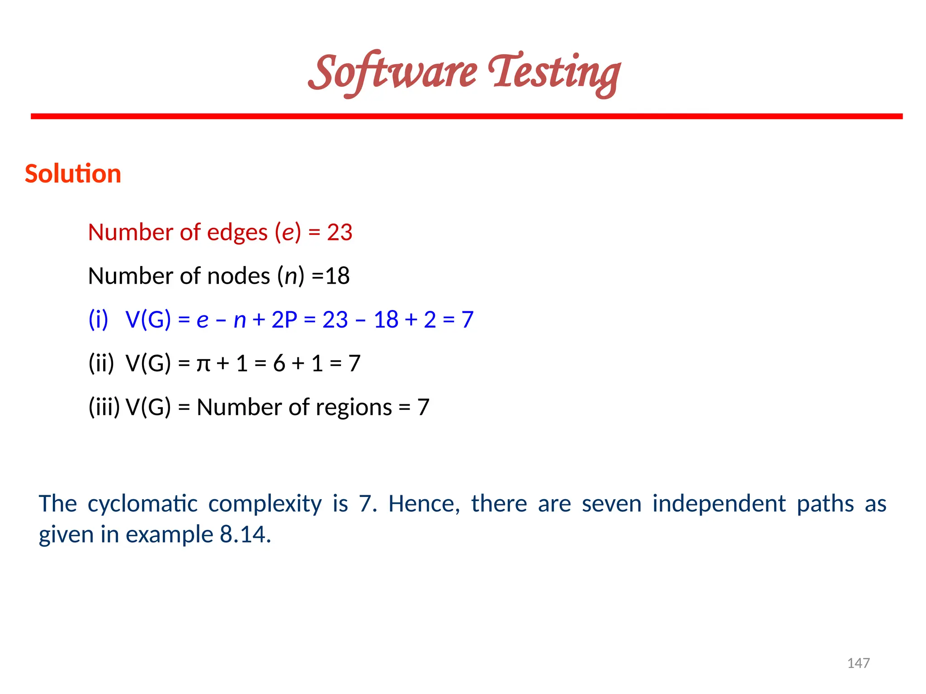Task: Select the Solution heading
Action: pyautogui.click(x=73, y=174)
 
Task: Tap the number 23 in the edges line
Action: pyautogui.click(x=340, y=233)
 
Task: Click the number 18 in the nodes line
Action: pyautogui.click(x=337, y=276)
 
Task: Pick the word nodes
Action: pyautogui.click(x=238, y=276)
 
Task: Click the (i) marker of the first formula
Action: pyautogui.click(x=98, y=320)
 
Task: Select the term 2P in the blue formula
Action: pyautogui.click(x=284, y=320)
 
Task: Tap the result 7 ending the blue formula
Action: pyautogui.click(x=467, y=320)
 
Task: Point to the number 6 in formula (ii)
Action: pyautogui.click(x=279, y=364)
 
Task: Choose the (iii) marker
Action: pyautogui.click(x=104, y=408)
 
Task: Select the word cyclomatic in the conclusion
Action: pyautogui.click(x=142, y=504)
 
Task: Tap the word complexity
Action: pyautogui.click(x=265, y=504)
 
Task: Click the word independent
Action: pyautogui.click(x=719, y=504)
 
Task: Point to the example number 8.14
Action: pyautogui.click(x=245, y=535)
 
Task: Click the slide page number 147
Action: pyautogui.click(x=858, y=663)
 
